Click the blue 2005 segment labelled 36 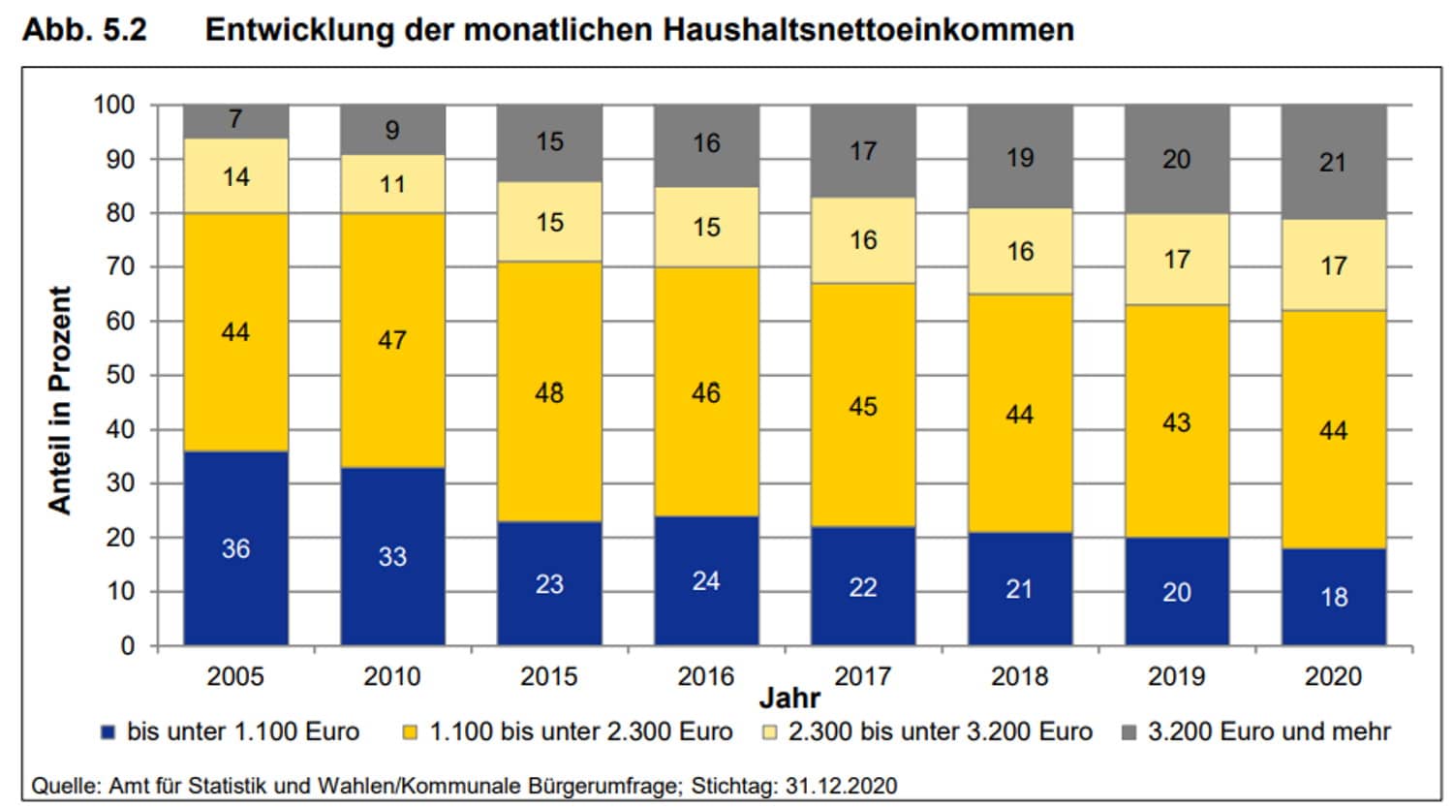tap(235, 548)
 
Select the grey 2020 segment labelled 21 tap(1333, 162)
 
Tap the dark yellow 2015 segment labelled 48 tap(549, 392)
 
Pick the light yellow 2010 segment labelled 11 tap(392, 184)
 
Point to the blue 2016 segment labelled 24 tap(706, 580)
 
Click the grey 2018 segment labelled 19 tap(1019, 157)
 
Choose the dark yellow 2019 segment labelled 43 tap(1176, 422)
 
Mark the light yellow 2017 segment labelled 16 tap(863, 239)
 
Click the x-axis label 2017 tap(863, 676)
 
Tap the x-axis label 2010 tap(392, 676)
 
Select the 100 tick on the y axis tap(114, 104)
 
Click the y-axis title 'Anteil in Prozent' tap(60, 399)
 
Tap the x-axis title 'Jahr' tap(789, 698)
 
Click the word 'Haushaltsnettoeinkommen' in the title tap(869, 29)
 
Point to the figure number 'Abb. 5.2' tap(84, 29)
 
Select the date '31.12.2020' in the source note tap(840, 785)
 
